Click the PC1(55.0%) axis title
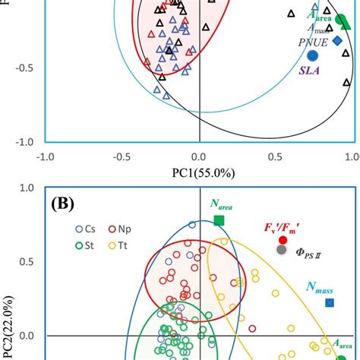click(x=199, y=173)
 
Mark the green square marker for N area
click(x=219, y=220)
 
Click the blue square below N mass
click(x=330, y=303)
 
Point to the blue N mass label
click(x=322, y=287)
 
